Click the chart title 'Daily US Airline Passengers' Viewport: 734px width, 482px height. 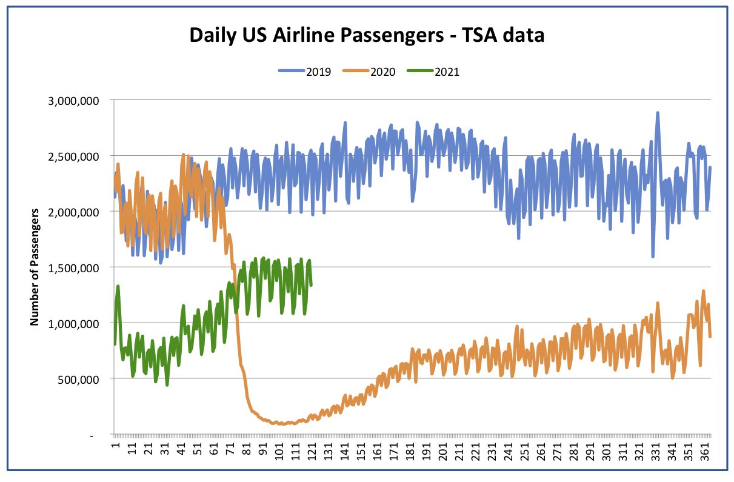316,35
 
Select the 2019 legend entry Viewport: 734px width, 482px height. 305,72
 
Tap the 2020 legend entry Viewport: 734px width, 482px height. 369,72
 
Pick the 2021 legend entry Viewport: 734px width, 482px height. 433,72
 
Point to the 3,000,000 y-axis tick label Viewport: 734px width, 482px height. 73,101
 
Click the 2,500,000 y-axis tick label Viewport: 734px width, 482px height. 73,156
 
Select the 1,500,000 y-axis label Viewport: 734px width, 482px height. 73,268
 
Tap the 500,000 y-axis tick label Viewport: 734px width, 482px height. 78,380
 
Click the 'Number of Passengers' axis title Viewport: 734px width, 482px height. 34,267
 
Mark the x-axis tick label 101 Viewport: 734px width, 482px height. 279,451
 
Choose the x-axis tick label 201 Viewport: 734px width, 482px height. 443,451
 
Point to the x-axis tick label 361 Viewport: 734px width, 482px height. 705,451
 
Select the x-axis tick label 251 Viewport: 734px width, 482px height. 525,451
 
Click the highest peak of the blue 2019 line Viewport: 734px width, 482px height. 657,113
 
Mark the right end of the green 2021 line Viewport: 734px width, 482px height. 311,285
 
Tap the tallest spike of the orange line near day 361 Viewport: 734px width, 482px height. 703,291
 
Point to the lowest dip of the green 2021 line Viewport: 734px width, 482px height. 167,385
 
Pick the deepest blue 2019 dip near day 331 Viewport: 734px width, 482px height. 653,256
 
